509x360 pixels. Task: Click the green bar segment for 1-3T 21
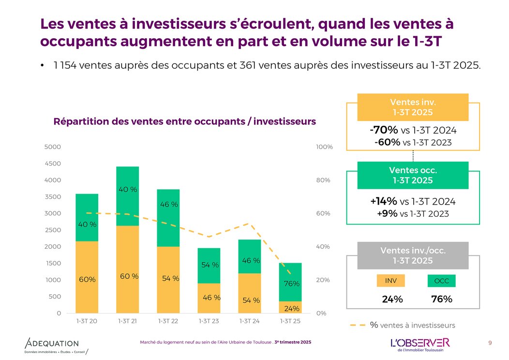(128, 196)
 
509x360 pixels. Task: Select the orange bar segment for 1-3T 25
(290, 307)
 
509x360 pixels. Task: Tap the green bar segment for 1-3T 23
(209, 266)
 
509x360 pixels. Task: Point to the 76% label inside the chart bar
(292, 284)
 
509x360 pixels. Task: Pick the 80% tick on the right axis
(323, 180)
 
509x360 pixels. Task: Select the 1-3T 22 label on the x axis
(168, 321)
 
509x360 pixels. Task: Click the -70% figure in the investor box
(384, 130)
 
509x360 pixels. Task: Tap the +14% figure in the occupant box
(384, 201)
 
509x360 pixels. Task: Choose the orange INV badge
(390, 281)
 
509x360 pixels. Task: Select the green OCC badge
(441, 281)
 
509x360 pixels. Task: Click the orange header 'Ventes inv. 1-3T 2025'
(413, 107)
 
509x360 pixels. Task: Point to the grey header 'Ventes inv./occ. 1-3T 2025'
(413, 255)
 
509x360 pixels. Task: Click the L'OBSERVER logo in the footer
(420, 343)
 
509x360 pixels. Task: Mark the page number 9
(490, 343)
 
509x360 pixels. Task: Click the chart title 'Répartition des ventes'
(184, 121)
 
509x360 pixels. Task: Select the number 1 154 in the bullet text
(68, 65)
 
